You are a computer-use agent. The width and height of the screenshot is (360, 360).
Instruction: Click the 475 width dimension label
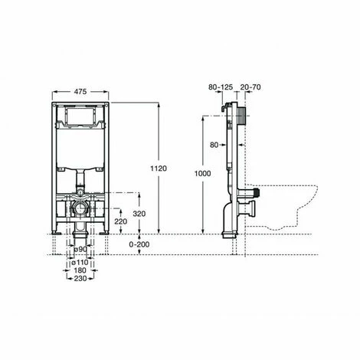point(80,92)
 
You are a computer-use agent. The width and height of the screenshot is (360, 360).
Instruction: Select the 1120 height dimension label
point(159,169)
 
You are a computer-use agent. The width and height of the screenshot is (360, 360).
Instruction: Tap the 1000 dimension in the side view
point(203,174)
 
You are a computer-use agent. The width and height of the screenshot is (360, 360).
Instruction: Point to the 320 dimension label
point(139,214)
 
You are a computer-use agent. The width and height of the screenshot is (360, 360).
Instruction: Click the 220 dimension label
point(120,221)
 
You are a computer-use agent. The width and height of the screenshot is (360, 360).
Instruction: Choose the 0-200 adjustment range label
point(139,244)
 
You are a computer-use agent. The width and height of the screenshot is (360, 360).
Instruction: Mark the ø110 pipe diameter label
point(80,262)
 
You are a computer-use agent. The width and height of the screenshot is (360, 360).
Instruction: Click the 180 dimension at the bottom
point(80,270)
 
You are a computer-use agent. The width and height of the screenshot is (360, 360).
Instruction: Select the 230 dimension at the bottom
point(80,278)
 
